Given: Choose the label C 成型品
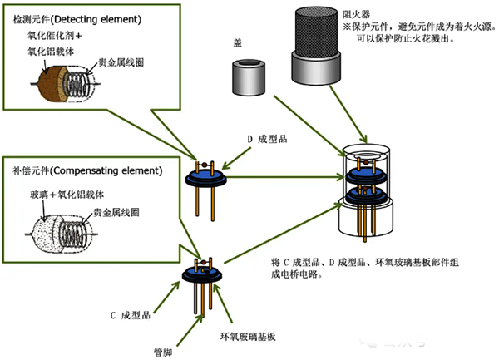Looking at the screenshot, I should [x=128, y=315].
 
